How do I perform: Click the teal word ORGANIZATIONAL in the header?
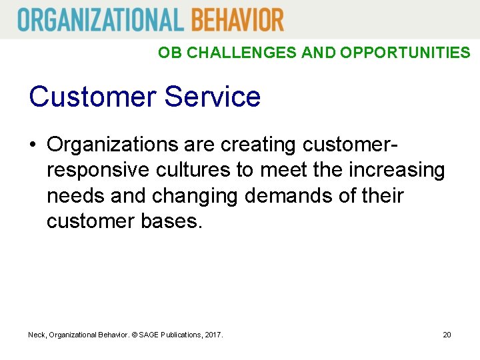[100, 19]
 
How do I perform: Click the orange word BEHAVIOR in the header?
[237, 19]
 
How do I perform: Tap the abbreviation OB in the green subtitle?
[169, 53]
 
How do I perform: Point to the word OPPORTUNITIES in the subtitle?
[405, 53]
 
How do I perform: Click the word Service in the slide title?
[212, 97]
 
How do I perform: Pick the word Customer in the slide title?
[91, 97]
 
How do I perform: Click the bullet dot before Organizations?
[34, 145]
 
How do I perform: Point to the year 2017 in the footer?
[213, 334]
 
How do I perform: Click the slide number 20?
[447, 334]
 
